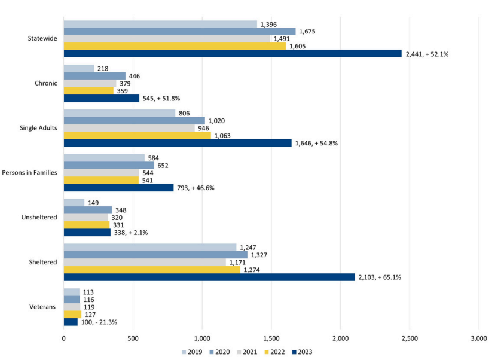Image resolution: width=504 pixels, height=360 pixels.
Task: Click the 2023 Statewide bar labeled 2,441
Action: pos(233,53)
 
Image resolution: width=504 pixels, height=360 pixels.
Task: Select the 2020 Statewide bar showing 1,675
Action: pos(179,31)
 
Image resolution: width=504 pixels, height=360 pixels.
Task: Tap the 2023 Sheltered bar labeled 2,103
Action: pos(209,277)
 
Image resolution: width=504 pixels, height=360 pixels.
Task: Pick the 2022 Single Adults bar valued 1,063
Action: pos(137,135)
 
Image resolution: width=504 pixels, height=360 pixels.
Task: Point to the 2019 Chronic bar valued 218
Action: pos(79,68)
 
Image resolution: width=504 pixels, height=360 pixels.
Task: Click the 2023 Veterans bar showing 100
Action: pos(71,322)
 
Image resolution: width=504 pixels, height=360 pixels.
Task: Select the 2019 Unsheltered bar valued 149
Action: pos(74,203)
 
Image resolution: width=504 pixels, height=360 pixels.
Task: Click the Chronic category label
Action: pos(45,83)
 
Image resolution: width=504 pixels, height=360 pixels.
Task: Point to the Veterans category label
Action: pos(44,307)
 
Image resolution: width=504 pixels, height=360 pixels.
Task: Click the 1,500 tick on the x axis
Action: pos(271,339)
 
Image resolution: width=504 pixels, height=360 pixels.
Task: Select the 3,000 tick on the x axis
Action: pos(479,339)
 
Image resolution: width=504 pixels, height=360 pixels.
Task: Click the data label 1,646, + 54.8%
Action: pos(316,143)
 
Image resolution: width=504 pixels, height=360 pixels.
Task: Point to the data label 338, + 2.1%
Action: pos(130,232)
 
